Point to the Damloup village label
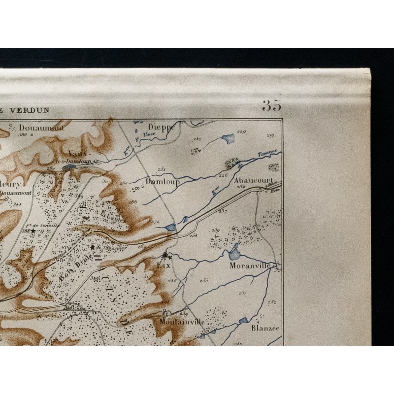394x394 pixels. click(163, 182)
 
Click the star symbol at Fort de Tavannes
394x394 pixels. click(92, 247)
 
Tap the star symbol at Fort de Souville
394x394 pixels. click(33, 230)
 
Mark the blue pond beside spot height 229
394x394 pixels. click(229, 139)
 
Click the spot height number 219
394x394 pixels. click(270, 135)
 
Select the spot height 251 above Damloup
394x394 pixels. click(161, 169)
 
